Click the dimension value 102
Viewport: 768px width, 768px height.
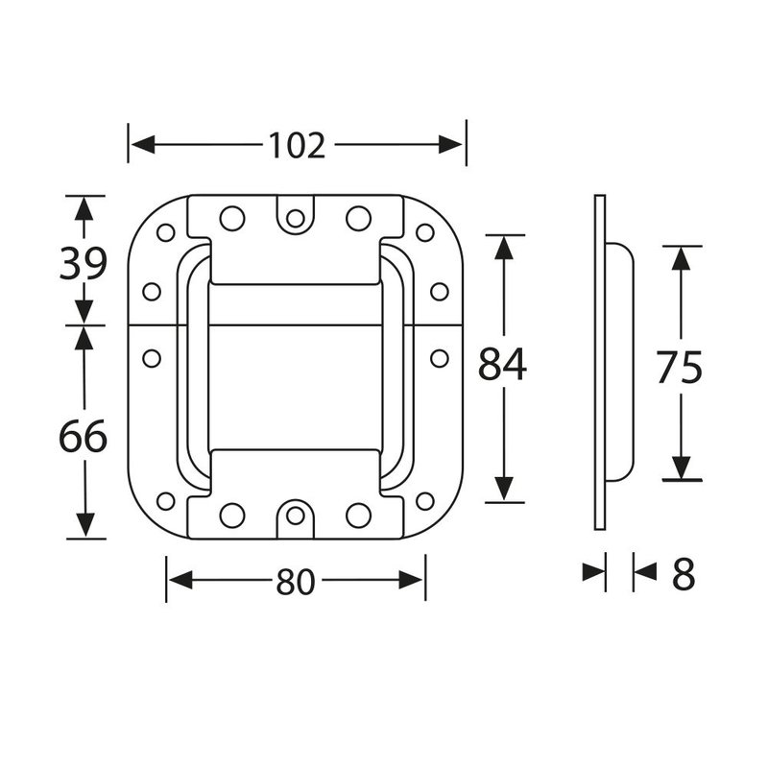[x=297, y=145]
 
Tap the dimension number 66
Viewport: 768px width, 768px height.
[x=83, y=438]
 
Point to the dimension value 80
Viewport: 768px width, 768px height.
[x=296, y=582]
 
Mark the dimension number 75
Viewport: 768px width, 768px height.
[x=680, y=367]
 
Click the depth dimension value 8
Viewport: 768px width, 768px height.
[x=683, y=575]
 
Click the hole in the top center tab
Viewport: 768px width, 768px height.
[x=296, y=218]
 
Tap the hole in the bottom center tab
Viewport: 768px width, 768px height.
[x=296, y=516]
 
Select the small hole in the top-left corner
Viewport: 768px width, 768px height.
[x=165, y=232]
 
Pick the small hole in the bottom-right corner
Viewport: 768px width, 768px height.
[x=424, y=500]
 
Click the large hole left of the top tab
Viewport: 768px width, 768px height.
[x=231, y=218]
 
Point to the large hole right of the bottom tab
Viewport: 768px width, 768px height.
[x=358, y=515]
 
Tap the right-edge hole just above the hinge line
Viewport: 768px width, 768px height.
[x=440, y=291]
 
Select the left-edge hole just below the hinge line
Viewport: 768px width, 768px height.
[x=152, y=358]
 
